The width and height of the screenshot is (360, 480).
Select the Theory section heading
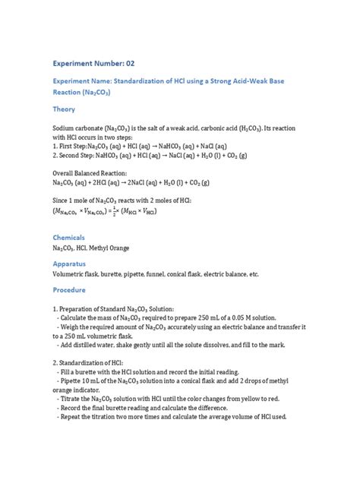(x=64, y=109)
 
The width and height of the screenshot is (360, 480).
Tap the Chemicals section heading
(x=69, y=238)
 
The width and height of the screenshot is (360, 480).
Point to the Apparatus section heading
(x=70, y=262)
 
